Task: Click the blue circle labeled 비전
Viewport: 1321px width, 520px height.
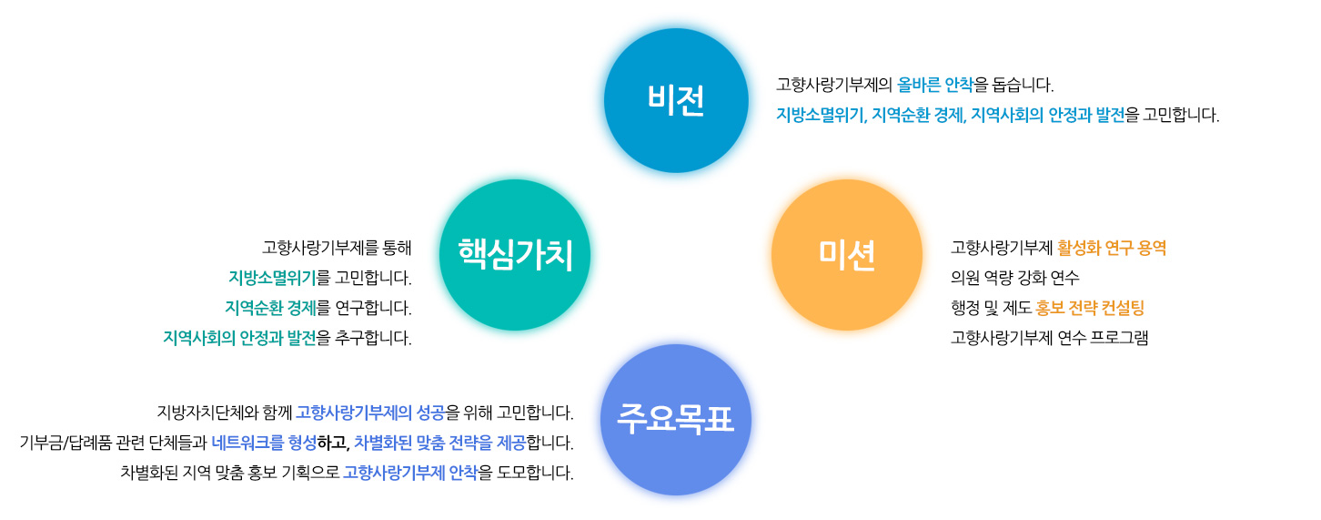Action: click(x=676, y=100)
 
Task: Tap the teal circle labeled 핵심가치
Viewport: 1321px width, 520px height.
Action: click(x=515, y=255)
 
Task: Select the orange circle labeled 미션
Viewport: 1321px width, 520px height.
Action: click(x=847, y=255)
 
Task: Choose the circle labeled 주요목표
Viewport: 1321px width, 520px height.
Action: click(x=676, y=420)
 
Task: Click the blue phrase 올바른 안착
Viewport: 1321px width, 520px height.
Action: click(x=934, y=85)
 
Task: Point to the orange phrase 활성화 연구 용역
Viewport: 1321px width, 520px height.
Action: click(x=1112, y=248)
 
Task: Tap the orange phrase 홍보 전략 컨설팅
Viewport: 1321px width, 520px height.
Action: click(x=1090, y=308)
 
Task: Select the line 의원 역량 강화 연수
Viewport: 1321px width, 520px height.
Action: click(x=1015, y=278)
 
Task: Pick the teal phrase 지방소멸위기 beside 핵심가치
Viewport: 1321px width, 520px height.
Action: click(x=272, y=278)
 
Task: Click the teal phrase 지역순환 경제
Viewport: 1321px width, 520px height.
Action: click(x=271, y=308)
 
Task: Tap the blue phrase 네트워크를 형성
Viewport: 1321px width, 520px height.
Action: click(x=264, y=442)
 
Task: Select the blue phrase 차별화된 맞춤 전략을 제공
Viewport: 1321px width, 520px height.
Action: click(x=440, y=442)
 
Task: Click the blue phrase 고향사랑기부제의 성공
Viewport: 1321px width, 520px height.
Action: click(x=370, y=412)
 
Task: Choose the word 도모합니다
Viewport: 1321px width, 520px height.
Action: click(x=535, y=473)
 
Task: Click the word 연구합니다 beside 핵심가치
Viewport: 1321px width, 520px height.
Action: click(x=373, y=308)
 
